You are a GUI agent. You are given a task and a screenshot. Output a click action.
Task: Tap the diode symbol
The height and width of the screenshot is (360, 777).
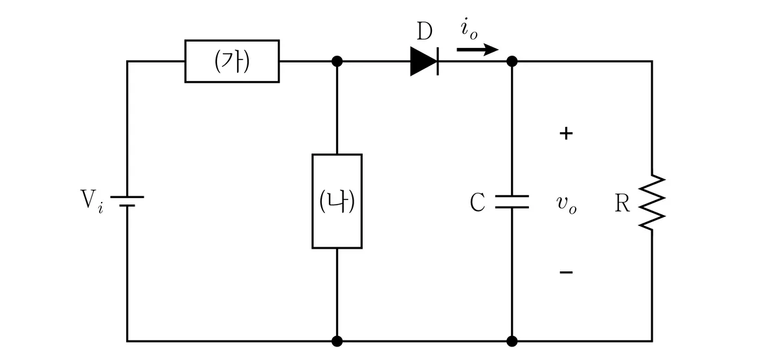pos(424,62)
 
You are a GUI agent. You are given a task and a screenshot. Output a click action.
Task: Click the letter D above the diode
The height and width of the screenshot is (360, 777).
pos(425,31)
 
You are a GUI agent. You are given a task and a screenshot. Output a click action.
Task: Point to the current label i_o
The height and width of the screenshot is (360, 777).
pos(469,28)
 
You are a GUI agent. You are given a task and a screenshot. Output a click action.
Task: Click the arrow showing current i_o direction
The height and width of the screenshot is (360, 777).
pos(478,50)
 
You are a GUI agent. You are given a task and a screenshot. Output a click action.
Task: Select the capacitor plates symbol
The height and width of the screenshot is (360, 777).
pos(512,202)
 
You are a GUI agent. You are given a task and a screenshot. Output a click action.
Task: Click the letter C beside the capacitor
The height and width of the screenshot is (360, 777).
pos(477,202)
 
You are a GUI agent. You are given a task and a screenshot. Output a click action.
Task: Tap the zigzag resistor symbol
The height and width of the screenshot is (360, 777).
pos(652,202)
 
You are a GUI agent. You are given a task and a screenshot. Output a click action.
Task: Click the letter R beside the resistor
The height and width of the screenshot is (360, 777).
pos(622,203)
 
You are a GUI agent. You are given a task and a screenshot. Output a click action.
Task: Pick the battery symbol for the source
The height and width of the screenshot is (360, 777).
pos(127,201)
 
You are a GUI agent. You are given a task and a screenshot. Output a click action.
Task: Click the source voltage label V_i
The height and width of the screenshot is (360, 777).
pos(91,202)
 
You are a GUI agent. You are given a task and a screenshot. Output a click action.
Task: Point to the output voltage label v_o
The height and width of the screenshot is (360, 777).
pos(567,203)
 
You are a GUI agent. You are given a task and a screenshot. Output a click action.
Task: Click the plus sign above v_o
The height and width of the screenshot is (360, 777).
pos(566,133)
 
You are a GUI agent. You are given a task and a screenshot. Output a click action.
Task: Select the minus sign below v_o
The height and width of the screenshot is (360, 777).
pos(566,272)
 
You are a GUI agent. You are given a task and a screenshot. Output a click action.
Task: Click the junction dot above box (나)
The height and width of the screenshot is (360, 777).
pos(337,62)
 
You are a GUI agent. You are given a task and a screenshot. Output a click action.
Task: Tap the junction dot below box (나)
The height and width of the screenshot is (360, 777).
pos(337,341)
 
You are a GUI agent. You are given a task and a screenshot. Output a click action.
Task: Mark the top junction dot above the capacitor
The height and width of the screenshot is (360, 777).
pos(512,62)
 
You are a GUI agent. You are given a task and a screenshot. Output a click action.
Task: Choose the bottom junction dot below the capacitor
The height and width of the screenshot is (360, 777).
pos(512,341)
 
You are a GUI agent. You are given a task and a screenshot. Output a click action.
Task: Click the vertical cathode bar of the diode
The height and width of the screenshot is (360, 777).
pos(438,62)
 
